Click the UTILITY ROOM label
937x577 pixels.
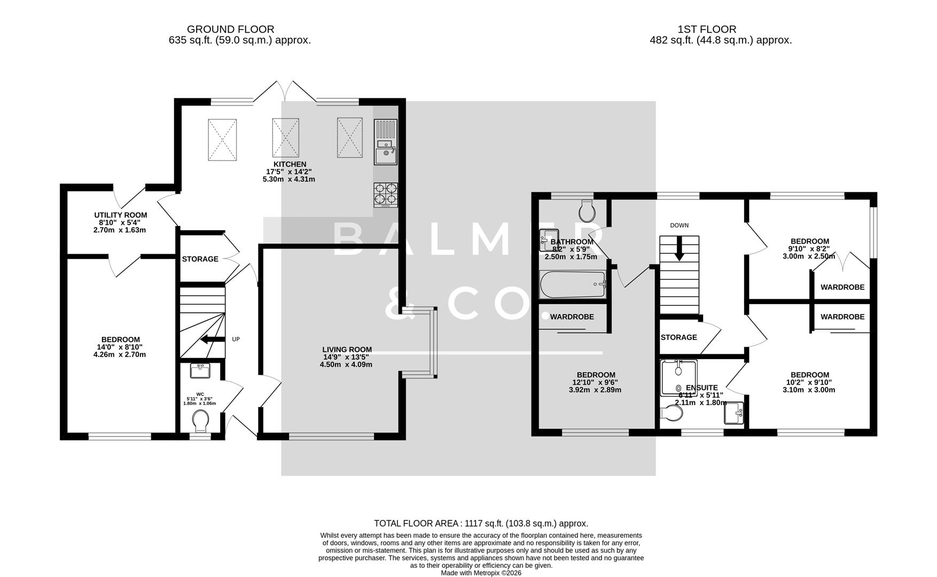pyautogui.click(x=120, y=215)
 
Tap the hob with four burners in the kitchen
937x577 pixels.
pyautogui.click(x=386, y=194)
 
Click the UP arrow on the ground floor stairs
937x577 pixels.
pyautogui.click(x=213, y=339)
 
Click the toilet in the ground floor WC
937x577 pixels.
pyautogui.click(x=201, y=421)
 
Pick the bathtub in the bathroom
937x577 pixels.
pyautogui.click(x=573, y=285)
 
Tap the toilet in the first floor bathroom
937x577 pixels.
pyautogui.click(x=587, y=210)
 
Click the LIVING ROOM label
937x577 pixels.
pyautogui.click(x=347, y=349)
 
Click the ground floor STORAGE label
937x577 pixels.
pyautogui.click(x=200, y=259)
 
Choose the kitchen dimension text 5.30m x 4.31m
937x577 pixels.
pyautogui.click(x=288, y=180)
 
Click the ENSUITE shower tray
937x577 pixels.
pyautogui.click(x=678, y=377)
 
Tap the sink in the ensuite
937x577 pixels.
pyautogui.click(x=735, y=412)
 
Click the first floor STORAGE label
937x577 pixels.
pyautogui.click(x=678, y=337)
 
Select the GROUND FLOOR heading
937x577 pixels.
pyautogui.click(x=230, y=29)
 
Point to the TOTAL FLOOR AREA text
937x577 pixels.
pyautogui.click(x=481, y=524)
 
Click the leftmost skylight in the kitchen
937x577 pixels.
pyautogui.click(x=222, y=139)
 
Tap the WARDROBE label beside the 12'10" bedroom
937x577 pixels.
pyautogui.click(x=572, y=317)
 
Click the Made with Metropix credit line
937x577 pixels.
pyautogui.click(x=481, y=573)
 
